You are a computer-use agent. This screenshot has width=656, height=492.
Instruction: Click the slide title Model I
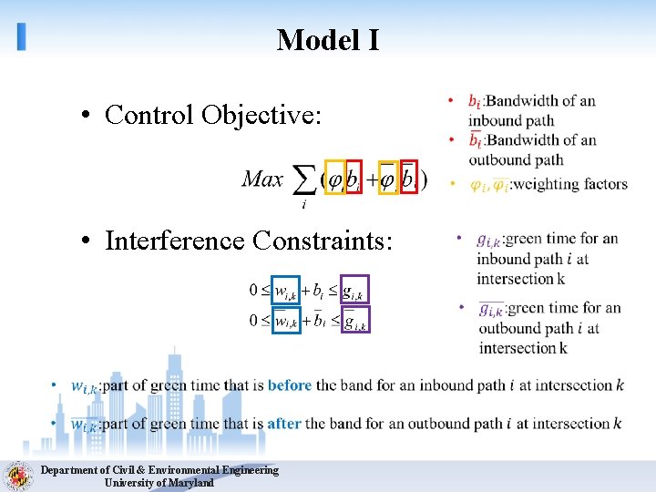click(x=328, y=40)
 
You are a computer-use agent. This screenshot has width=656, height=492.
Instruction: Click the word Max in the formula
click(x=262, y=179)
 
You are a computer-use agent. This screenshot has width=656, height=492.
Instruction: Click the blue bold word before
click(x=290, y=385)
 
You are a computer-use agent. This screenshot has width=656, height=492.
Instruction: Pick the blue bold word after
click(x=284, y=424)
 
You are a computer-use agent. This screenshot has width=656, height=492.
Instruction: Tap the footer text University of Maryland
click(x=159, y=483)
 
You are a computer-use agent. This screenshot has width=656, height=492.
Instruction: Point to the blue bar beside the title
click(x=21, y=36)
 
